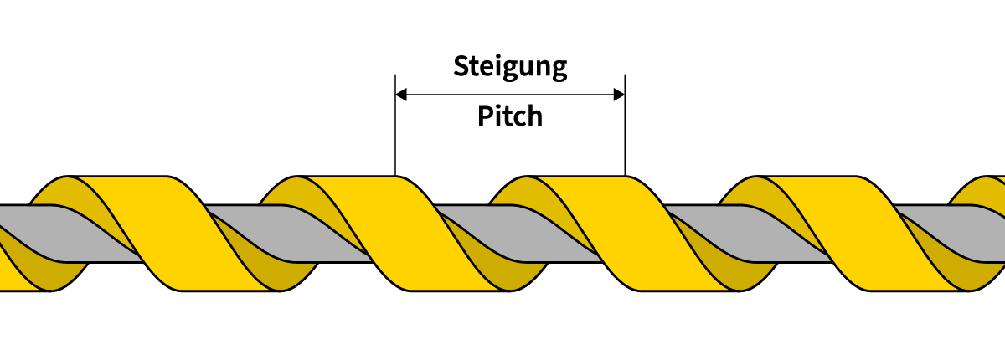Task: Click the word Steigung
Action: pyautogui.click(x=510, y=66)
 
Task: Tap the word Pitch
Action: pyautogui.click(x=510, y=116)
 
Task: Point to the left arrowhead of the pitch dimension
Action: pyautogui.click(x=401, y=95)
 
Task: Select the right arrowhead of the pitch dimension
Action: pyautogui.click(x=619, y=95)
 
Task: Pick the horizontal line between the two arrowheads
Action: pyautogui.click(x=510, y=95)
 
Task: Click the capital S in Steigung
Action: pyautogui.click(x=461, y=65)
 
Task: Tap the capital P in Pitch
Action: pyautogui.click(x=485, y=116)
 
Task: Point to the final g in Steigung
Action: pyautogui.click(x=558, y=69)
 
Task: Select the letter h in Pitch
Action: pyautogui.click(x=534, y=116)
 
